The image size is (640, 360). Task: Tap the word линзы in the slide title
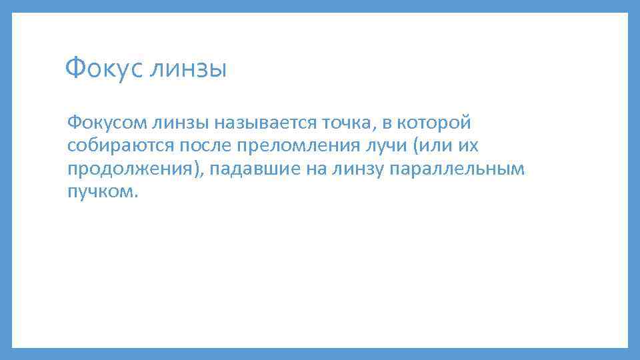189,69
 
